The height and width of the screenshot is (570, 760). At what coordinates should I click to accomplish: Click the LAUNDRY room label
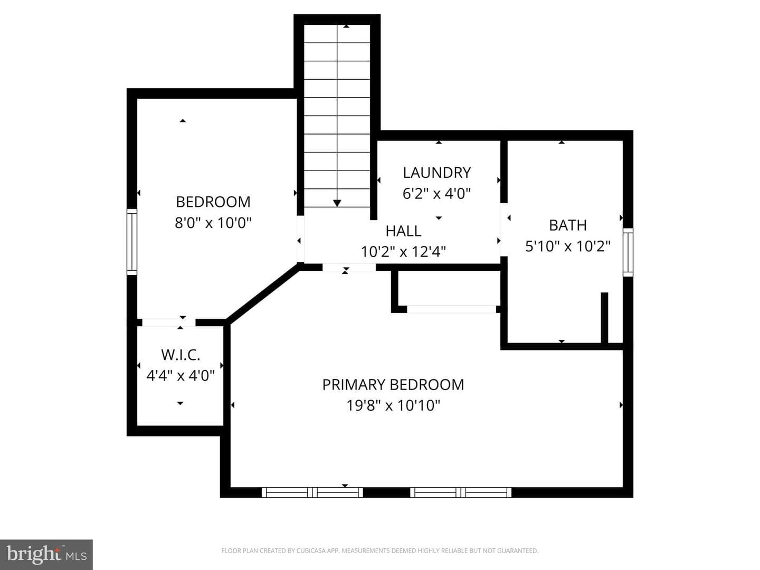pyautogui.click(x=436, y=173)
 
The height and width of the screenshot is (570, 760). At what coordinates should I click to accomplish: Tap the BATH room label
pyautogui.click(x=568, y=225)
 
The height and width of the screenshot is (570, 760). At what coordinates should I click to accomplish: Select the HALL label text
pyautogui.click(x=403, y=231)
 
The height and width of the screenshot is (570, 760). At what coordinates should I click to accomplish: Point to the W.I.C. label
pyautogui.click(x=180, y=355)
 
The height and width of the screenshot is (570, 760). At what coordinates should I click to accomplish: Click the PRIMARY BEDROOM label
pyautogui.click(x=393, y=385)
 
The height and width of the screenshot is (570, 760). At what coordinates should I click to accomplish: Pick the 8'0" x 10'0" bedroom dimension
pyautogui.click(x=213, y=223)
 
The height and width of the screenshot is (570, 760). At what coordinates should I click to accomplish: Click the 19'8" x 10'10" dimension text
pyautogui.click(x=393, y=405)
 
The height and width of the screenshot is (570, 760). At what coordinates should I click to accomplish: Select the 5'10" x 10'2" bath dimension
pyautogui.click(x=568, y=246)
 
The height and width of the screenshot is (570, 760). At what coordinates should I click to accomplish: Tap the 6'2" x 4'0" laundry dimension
pyautogui.click(x=436, y=194)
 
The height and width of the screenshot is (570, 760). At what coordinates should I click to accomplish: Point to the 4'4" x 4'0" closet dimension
pyautogui.click(x=180, y=375)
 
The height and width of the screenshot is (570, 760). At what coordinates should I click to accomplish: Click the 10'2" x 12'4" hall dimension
pyautogui.click(x=403, y=252)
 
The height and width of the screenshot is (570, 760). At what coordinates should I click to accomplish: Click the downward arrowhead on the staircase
pyautogui.click(x=337, y=203)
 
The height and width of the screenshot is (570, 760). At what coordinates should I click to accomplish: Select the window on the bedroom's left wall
pyautogui.click(x=132, y=242)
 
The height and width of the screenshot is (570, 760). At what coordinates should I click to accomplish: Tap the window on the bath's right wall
pyautogui.click(x=628, y=252)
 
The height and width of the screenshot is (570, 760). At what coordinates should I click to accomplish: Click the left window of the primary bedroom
pyautogui.click(x=312, y=492)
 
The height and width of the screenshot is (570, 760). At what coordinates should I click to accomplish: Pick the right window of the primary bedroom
pyautogui.click(x=461, y=492)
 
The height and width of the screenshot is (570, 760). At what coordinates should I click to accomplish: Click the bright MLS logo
pyautogui.click(x=46, y=554)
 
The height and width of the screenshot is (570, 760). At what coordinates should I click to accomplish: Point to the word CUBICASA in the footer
pyautogui.click(x=310, y=550)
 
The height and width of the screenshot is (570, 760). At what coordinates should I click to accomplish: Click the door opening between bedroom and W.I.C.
pyautogui.click(x=169, y=322)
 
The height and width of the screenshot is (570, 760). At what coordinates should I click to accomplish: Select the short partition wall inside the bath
pyautogui.click(x=604, y=318)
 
